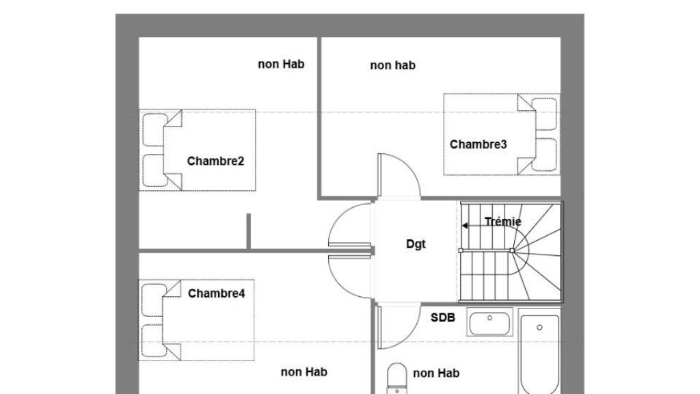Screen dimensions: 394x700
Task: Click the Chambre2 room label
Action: [215, 161]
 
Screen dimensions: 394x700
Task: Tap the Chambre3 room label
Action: [478, 144]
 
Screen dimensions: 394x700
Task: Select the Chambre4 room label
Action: [216, 293]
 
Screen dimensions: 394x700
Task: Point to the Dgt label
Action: [416, 244]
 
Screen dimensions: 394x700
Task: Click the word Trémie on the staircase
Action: [502, 222]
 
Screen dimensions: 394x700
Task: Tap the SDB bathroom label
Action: [444, 317]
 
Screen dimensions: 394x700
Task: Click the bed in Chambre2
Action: [198, 150]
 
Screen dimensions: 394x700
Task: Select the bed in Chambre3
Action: [501, 134]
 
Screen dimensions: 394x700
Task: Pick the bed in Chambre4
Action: [198, 319]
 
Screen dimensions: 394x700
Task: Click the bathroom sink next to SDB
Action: [490, 322]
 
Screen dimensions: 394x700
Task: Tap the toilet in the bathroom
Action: [395, 378]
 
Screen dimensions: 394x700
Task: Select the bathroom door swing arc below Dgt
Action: [400, 327]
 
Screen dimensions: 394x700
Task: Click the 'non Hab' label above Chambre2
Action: [280, 64]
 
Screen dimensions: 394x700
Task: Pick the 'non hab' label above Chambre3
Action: [392, 66]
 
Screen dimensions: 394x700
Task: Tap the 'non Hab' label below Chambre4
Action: [304, 372]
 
